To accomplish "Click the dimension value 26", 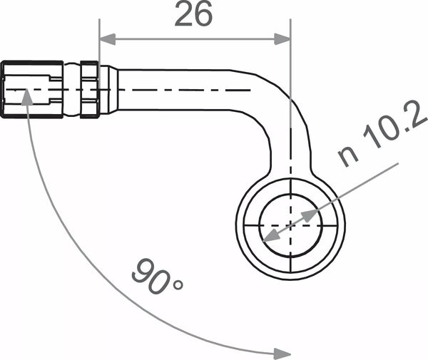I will (x=193, y=15).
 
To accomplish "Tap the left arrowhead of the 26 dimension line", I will (x=106, y=40).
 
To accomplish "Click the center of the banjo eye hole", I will (x=290, y=224).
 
